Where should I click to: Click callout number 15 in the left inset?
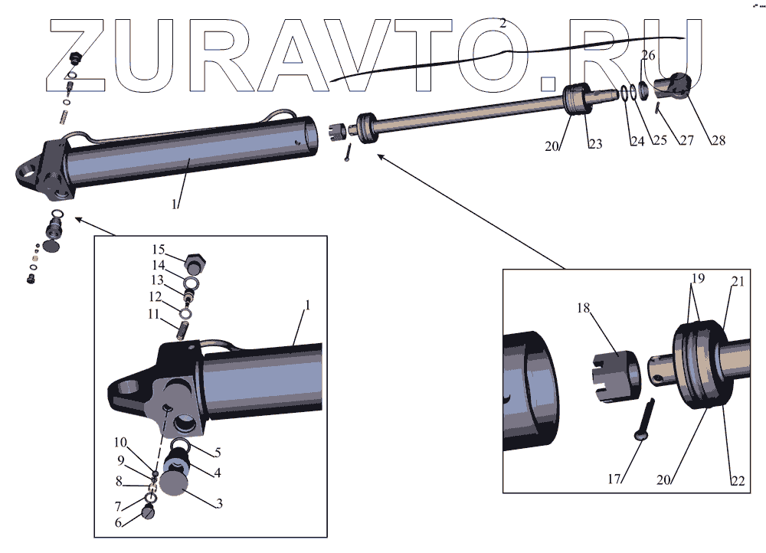[158, 250]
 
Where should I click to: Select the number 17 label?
[615, 480]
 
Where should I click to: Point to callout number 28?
[718, 140]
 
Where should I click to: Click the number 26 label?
[648, 56]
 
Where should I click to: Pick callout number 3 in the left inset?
[219, 503]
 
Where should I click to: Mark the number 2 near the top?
[502, 24]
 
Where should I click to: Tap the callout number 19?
[697, 277]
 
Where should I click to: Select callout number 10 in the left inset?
[120, 442]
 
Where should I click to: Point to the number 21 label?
[737, 281]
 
